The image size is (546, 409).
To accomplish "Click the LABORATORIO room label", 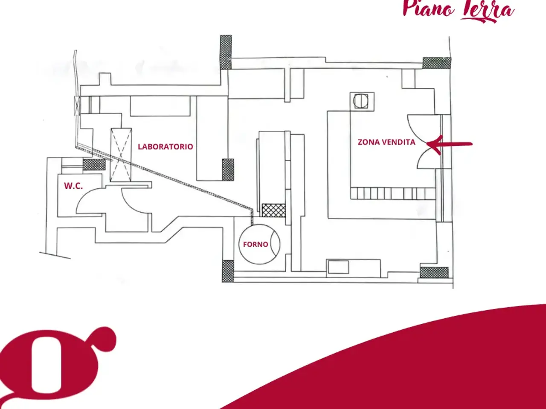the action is tap(166, 147).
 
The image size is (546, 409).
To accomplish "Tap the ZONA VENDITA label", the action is tap(386, 142).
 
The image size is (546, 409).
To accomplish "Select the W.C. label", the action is tap(73, 186).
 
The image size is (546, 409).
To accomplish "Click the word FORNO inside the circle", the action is tap(256, 245).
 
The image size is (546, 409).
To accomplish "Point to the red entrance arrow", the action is tap(449, 144).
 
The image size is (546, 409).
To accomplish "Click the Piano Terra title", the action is tap(459, 11).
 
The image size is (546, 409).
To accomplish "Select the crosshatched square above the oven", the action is tap(273, 210).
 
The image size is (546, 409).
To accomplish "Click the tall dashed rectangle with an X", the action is tap(121, 155).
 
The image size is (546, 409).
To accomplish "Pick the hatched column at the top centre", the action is tap(226, 52).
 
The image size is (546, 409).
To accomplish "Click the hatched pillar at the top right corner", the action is tap(437, 63).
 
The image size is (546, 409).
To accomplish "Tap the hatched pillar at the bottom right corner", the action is tap(434, 273).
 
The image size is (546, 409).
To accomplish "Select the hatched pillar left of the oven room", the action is tap(228, 271).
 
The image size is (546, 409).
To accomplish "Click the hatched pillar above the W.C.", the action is tap(94, 164).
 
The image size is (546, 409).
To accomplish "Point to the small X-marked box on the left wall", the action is tap(77, 106).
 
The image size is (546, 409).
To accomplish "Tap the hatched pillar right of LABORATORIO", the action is tap(228, 170).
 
